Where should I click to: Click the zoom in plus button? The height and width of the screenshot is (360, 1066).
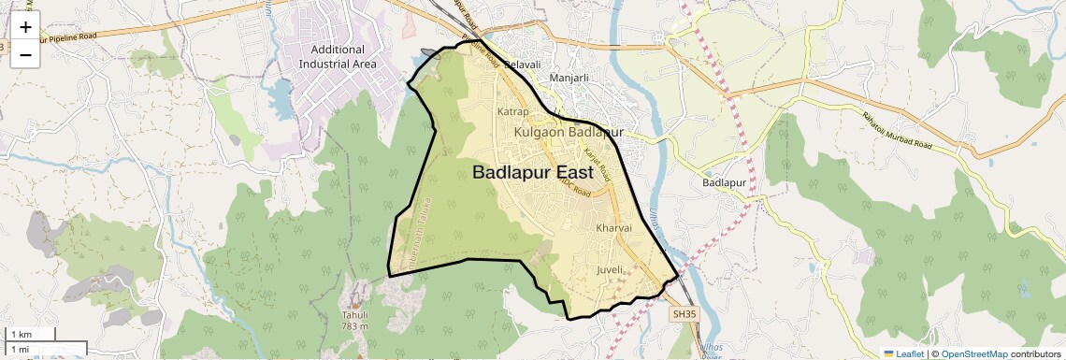[x=25, y=27]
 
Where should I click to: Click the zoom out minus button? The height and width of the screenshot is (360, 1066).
[x=25, y=54]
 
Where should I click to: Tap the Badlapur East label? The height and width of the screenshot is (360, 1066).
[x=532, y=173]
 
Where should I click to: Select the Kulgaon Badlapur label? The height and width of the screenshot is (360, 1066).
[x=568, y=133]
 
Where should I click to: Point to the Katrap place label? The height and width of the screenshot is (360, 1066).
[x=513, y=111]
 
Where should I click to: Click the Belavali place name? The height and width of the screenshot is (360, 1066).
[x=523, y=65]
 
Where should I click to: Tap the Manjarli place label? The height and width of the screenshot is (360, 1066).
[x=569, y=79]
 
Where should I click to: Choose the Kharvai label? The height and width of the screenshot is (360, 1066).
[x=614, y=227]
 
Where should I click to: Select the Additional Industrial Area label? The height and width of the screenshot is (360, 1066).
[x=338, y=56]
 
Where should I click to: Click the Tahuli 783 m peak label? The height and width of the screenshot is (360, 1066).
[x=354, y=320]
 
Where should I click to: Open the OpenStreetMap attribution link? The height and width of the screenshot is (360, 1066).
[x=973, y=353]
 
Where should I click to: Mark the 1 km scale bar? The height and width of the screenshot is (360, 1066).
[x=28, y=334]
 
